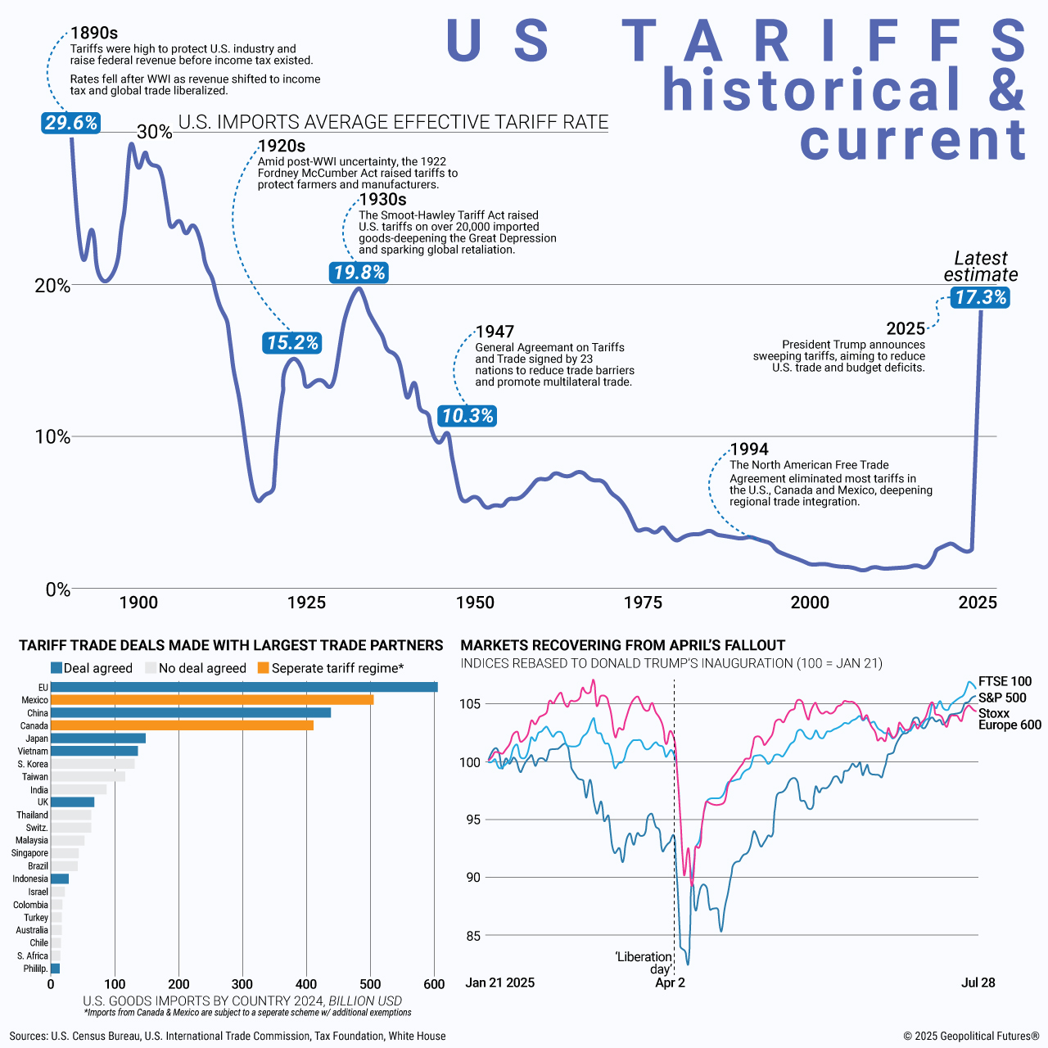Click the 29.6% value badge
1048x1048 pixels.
pyautogui.click(x=71, y=123)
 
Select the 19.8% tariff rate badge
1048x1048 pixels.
pyautogui.click(x=359, y=273)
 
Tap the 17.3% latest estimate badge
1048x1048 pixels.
pyautogui.click(x=981, y=297)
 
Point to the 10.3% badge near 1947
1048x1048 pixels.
pyautogui.click(x=468, y=416)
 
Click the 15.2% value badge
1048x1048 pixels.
pyautogui.click(x=292, y=343)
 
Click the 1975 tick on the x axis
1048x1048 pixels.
pyautogui.click(x=643, y=603)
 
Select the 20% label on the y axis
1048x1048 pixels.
pyautogui.click(x=52, y=286)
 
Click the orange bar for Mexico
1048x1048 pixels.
pyautogui.click(x=212, y=700)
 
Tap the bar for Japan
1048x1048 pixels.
pyautogui.click(x=98, y=739)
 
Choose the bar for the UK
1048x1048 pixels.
pyautogui.click(x=73, y=802)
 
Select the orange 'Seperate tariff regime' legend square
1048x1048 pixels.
pyautogui.click(x=263, y=668)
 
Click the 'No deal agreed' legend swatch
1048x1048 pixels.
pyautogui.click(x=150, y=668)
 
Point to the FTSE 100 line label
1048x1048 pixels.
pyautogui.click(x=1005, y=681)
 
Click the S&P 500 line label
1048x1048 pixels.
pyautogui.click(x=1002, y=698)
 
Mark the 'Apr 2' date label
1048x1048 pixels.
pyautogui.click(x=670, y=982)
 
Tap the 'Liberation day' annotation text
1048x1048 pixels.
pyautogui.click(x=644, y=963)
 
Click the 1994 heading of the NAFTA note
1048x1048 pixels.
pyautogui.click(x=749, y=449)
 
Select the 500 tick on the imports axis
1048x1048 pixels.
pyautogui.click(x=370, y=984)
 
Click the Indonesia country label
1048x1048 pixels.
pyautogui.click(x=30, y=879)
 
